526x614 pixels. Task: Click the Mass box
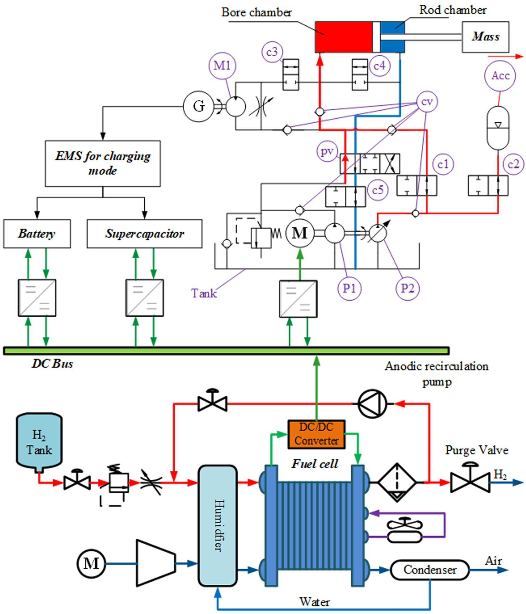(485, 37)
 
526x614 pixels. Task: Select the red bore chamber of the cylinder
(344, 37)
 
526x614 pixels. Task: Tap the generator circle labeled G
(198, 106)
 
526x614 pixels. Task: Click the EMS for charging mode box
(103, 164)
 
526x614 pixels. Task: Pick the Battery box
(37, 234)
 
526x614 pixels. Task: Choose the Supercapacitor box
(144, 234)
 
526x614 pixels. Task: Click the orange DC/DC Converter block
(317, 435)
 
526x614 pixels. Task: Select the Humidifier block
(218, 526)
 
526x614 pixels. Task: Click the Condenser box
(430, 570)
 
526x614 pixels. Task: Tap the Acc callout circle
(500, 76)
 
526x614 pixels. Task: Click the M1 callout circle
(222, 65)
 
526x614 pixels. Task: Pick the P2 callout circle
(408, 288)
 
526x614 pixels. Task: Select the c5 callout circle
(378, 190)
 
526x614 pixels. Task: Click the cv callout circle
(427, 102)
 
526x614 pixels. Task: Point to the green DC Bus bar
(226, 351)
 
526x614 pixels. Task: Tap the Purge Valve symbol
(470, 479)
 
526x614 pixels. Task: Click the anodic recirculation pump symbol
(372, 404)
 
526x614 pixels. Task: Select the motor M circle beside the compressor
(91, 563)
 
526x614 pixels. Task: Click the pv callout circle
(327, 152)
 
